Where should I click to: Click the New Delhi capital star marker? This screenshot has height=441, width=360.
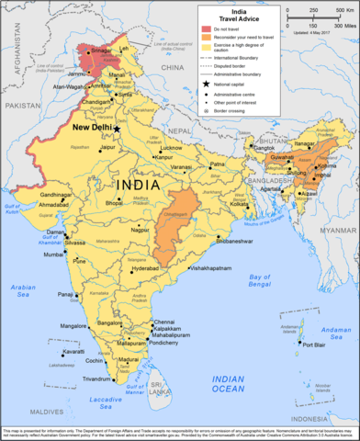tap(117, 129)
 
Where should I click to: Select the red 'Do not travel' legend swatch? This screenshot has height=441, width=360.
tap(206, 30)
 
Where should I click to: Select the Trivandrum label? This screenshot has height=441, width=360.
tap(98, 379)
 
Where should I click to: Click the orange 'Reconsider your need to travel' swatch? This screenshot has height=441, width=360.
tap(206, 40)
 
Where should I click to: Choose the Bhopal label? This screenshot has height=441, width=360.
tap(123, 202)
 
